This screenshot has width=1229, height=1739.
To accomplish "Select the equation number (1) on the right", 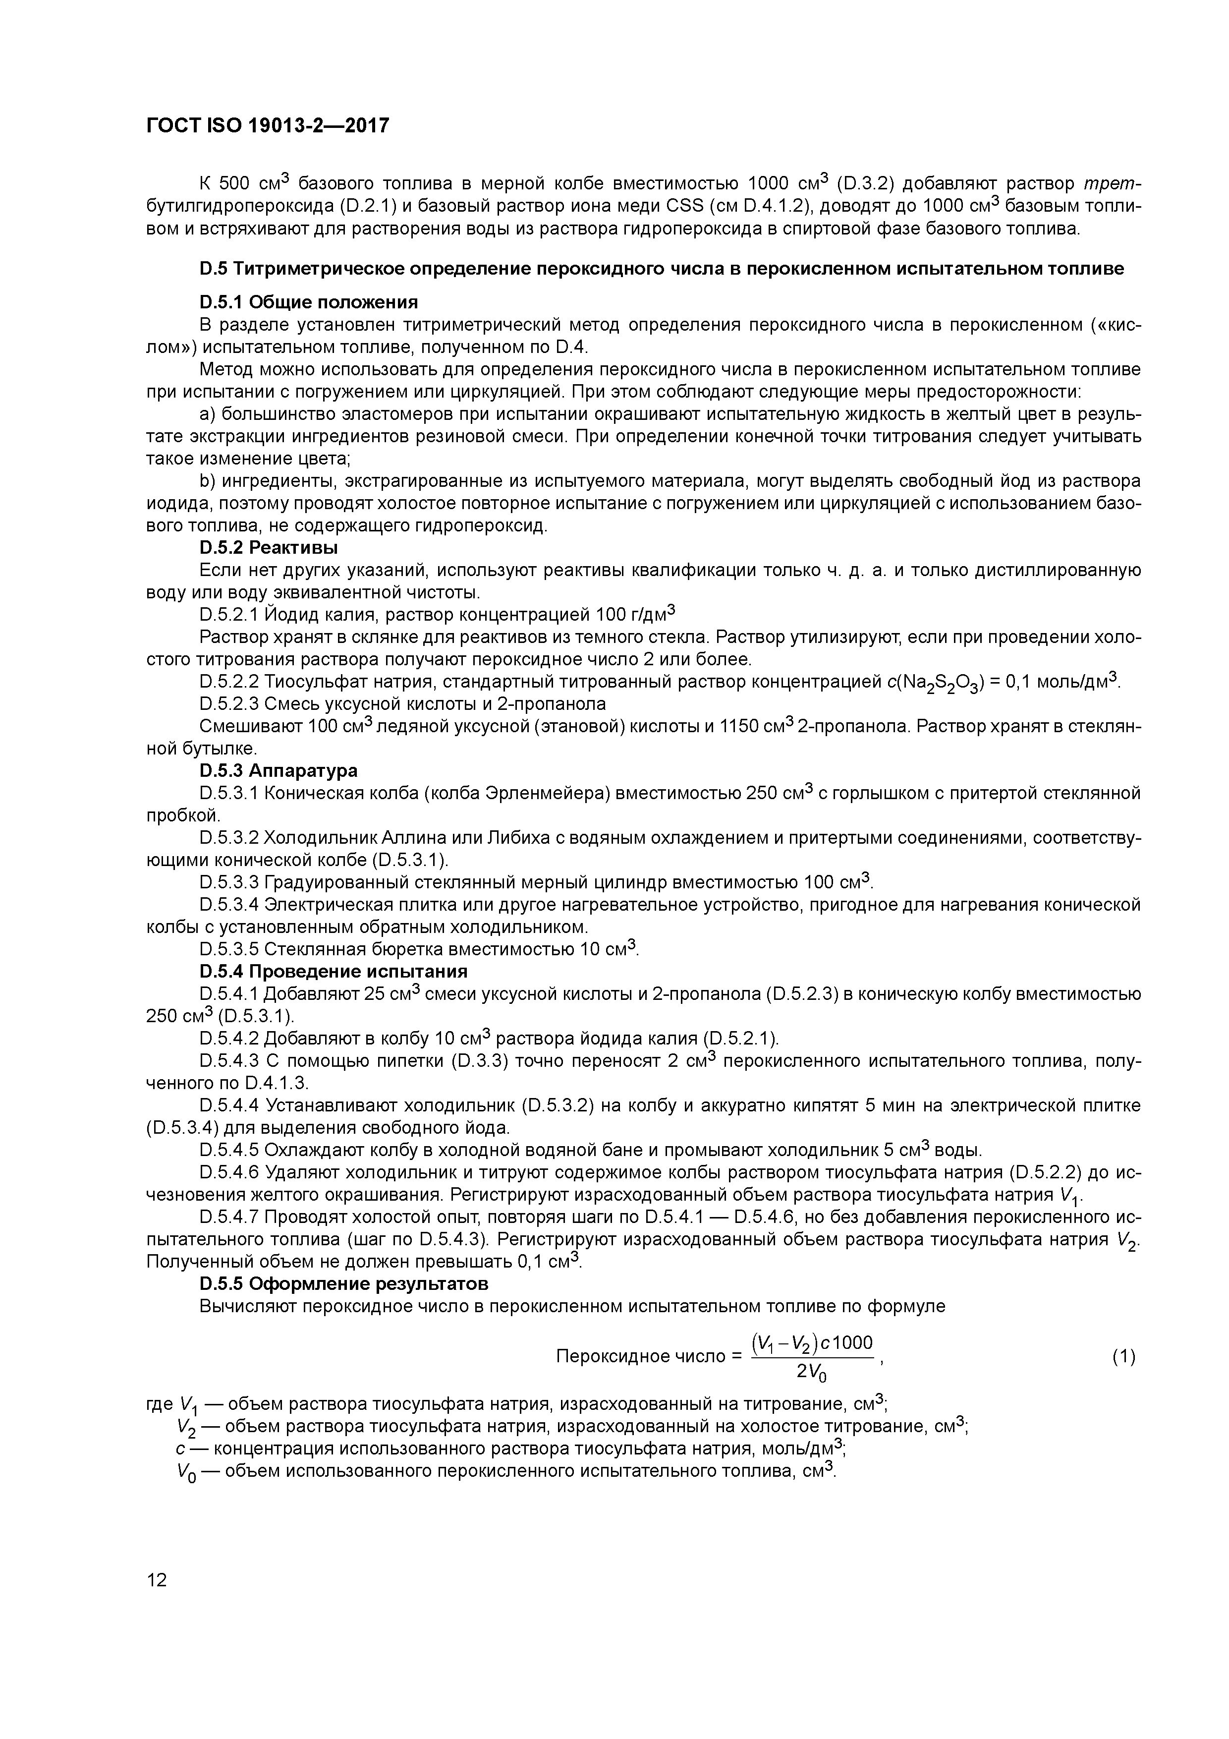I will pyautogui.click(x=1123, y=1356).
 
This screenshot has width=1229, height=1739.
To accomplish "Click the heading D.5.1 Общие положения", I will pyautogui.click(x=308, y=302).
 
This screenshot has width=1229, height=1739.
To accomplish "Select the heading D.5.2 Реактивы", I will pyautogui.click(x=268, y=547).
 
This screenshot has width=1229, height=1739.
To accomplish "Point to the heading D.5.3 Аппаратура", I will pyautogui.click(x=278, y=770).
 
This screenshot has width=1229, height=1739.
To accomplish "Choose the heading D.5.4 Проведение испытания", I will pyautogui.click(x=333, y=971).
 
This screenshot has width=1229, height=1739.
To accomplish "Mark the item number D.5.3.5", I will pyautogui.click(x=228, y=949).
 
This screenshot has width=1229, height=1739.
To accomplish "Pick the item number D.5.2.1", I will pyautogui.click(x=228, y=614).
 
